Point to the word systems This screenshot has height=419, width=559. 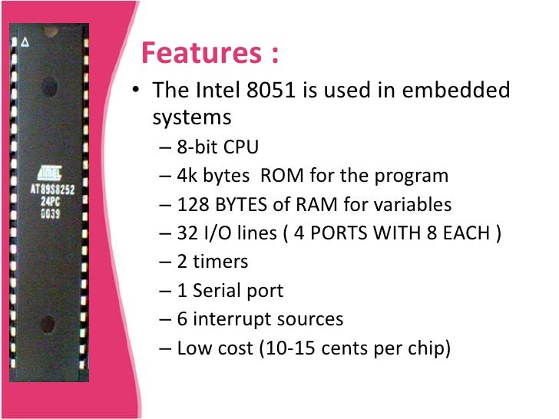(x=191, y=117)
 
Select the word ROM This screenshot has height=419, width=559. (x=282, y=176)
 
